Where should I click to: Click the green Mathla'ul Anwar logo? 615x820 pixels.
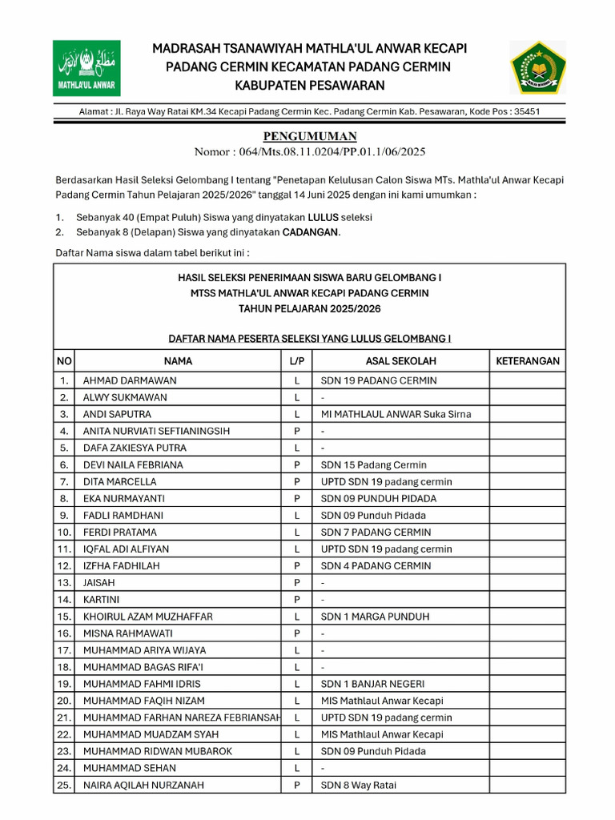pyautogui.click(x=86, y=68)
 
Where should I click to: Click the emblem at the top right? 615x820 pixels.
pyautogui.click(x=538, y=68)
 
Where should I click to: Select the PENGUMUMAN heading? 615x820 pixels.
pyautogui.click(x=310, y=136)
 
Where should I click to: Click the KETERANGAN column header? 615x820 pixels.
pyautogui.click(x=527, y=361)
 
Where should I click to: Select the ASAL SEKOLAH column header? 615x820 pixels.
pyautogui.click(x=400, y=361)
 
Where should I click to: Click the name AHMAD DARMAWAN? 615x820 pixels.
pyautogui.click(x=130, y=380)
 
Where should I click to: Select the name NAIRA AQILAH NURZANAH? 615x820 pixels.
pyautogui.click(x=143, y=785)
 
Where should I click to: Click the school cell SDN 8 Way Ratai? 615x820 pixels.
pyautogui.click(x=358, y=785)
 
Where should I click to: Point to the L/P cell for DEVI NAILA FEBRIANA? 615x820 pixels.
pyautogui.click(x=296, y=464)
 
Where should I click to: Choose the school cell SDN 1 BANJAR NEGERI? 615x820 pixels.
pyautogui.click(x=372, y=684)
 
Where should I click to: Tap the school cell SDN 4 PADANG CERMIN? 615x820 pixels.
pyautogui.click(x=376, y=565)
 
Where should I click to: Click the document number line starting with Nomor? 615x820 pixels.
pyautogui.click(x=310, y=151)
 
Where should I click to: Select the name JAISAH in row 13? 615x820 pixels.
pyautogui.click(x=99, y=583)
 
